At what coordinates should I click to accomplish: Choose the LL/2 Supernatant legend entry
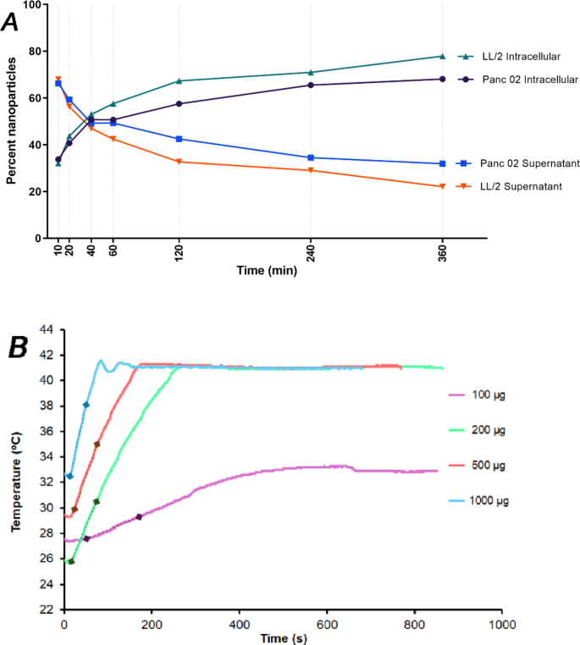pyautogui.click(x=512, y=185)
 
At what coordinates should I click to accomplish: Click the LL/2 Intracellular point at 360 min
pyautogui.click(x=442, y=56)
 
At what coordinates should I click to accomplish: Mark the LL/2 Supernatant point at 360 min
pyautogui.click(x=442, y=186)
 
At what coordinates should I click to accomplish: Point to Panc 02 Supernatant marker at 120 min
pyautogui.click(x=179, y=139)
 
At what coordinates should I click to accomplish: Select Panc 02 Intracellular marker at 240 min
pyautogui.click(x=311, y=85)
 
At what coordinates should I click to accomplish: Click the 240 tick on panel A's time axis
pyautogui.click(x=311, y=253)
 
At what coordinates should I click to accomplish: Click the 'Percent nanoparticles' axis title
pyautogui.click(x=12, y=121)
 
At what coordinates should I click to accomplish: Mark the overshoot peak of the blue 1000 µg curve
pyautogui.click(x=102, y=361)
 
